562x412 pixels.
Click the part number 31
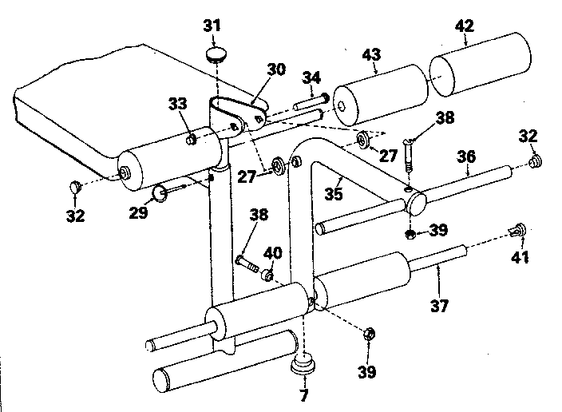click(x=211, y=26)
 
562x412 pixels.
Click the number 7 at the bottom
click(x=303, y=394)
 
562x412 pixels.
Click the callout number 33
click(x=180, y=105)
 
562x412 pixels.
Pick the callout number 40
click(x=273, y=252)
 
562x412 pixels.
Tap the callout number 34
click(x=312, y=77)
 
